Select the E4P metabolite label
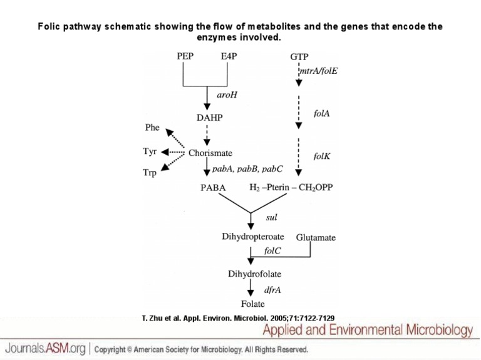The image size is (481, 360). coord(229,56)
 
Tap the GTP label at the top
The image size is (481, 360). coord(299,57)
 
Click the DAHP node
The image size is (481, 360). coord(210,117)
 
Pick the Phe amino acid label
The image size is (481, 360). coord(152,127)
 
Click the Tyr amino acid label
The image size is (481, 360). coord(150,152)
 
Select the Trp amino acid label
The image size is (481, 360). coord(150,173)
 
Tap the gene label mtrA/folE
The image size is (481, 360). coord(319,71)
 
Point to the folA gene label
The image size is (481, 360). coord(321,113)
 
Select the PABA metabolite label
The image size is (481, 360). coord(213,188)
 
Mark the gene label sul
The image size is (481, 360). coord(271,217)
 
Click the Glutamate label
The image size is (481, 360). coord(316,238)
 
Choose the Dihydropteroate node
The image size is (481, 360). coord(253,237)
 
